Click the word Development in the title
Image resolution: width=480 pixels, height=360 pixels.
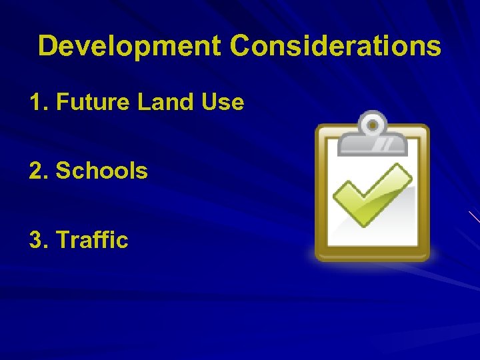pos(129,47)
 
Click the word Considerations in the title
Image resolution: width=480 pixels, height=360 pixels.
pos(335,47)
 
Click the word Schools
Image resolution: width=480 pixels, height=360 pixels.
pos(102,171)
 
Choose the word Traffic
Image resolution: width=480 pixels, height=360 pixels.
pos(93,239)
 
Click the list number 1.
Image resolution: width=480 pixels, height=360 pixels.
pos(35,103)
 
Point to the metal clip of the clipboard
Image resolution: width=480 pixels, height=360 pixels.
pos(373,135)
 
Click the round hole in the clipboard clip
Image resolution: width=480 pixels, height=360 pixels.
pos(373,124)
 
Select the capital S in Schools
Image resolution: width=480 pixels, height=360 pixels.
pos(64,171)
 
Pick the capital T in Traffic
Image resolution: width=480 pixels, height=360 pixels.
pos(64,239)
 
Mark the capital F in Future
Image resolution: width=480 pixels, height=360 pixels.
pos(63,103)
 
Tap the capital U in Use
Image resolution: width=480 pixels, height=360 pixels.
pos(207,103)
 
